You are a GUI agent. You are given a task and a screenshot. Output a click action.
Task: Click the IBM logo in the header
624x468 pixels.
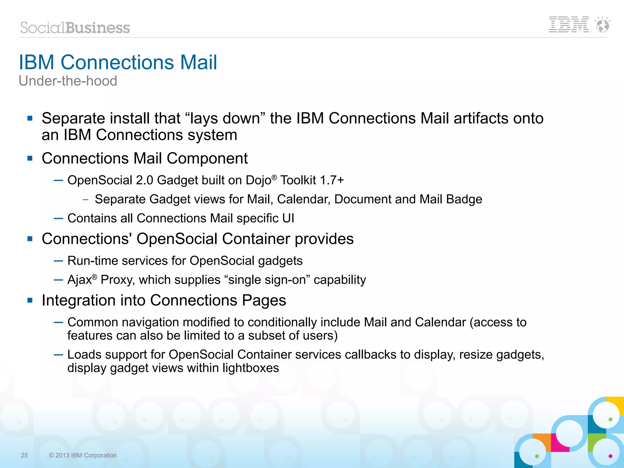tap(569, 25)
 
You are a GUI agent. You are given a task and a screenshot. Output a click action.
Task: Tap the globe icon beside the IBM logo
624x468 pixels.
tap(602, 25)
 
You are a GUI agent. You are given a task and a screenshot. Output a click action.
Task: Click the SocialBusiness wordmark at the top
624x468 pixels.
tap(75, 28)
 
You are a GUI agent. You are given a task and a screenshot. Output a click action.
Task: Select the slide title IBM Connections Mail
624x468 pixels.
tap(118, 62)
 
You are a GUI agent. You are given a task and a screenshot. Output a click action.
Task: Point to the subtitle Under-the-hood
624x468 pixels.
tap(68, 81)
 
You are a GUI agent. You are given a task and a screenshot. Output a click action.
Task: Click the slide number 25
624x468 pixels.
tap(24, 455)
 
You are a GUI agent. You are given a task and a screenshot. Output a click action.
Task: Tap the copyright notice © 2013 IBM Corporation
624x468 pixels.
tap(83, 455)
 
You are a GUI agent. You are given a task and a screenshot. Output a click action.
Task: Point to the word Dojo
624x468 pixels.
tap(258, 180)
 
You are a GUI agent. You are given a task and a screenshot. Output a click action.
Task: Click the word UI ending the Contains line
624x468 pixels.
tap(288, 218)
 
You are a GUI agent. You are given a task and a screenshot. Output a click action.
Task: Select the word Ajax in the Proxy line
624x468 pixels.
tap(80, 280)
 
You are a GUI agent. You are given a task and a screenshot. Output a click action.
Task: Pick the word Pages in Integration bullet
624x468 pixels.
tap(264, 300)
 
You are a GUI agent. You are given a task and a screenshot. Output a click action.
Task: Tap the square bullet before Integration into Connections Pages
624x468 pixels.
tap(30, 300)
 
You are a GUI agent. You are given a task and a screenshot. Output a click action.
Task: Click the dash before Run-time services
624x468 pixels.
tap(58, 261)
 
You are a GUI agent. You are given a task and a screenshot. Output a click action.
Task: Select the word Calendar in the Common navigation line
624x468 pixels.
tap(440, 322)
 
